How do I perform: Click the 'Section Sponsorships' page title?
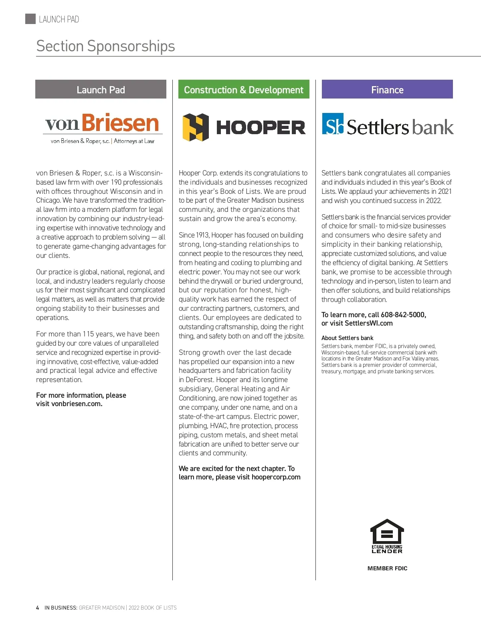click(x=105, y=46)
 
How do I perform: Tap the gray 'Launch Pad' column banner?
click(x=101, y=89)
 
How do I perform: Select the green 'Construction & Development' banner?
click(x=244, y=89)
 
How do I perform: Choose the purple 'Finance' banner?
click(x=387, y=89)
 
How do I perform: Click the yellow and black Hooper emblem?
click(x=196, y=127)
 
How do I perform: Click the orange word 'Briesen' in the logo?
click(x=120, y=123)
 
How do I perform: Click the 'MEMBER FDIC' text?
click(x=387, y=568)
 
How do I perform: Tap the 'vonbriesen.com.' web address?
click(x=77, y=404)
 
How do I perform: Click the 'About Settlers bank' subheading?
click(x=347, y=338)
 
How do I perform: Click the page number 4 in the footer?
click(x=38, y=608)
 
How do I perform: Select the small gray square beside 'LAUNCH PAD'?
click(x=30, y=19)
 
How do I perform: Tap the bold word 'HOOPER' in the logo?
click(x=261, y=128)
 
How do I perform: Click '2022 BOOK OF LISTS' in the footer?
click(x=152, y=608)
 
